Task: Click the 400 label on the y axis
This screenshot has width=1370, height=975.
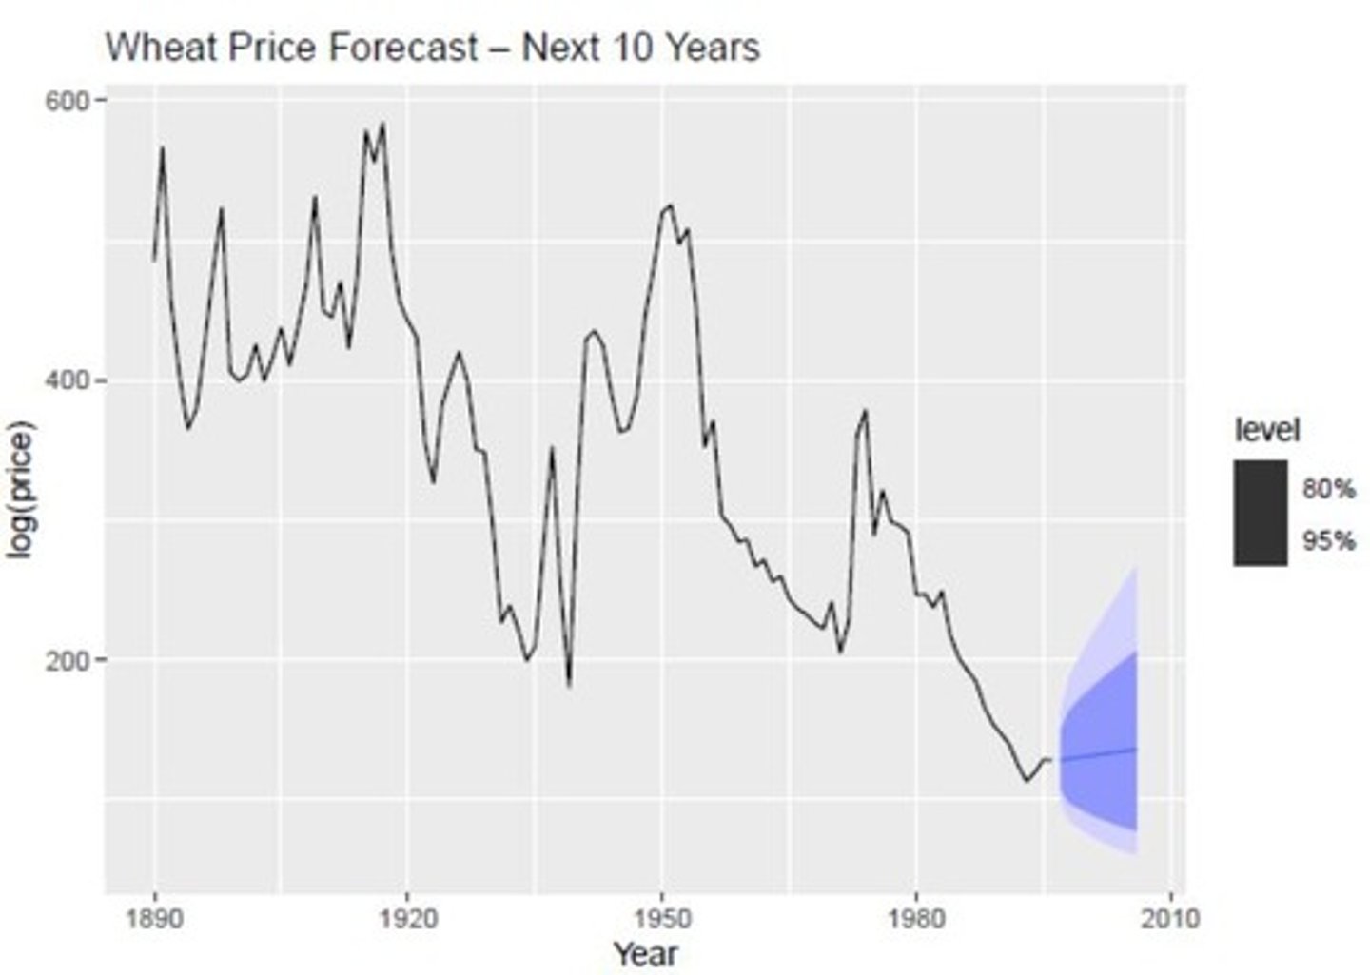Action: pos(67,380)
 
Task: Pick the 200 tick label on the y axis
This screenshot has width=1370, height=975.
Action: pos(67,659)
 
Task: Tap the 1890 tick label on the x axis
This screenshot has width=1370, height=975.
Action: pos(154,919)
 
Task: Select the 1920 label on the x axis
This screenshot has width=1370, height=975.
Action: pos(407,919)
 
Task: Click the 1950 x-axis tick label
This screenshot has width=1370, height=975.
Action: pos(661,919)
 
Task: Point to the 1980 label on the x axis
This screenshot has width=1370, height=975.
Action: pos(915,919)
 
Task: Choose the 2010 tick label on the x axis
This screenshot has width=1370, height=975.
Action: pos(1169,919)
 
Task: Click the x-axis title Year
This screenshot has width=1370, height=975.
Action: pos(645,953)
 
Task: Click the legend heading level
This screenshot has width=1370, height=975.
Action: pos(1266,430)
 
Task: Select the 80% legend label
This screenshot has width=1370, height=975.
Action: pos(1328,489)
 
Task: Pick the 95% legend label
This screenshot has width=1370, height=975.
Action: pos(1328,540)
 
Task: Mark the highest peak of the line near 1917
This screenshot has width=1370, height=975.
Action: pos(382,124)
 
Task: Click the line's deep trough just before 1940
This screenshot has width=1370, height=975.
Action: pos(569,684)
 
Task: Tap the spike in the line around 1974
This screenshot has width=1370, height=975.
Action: pos(865,411)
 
